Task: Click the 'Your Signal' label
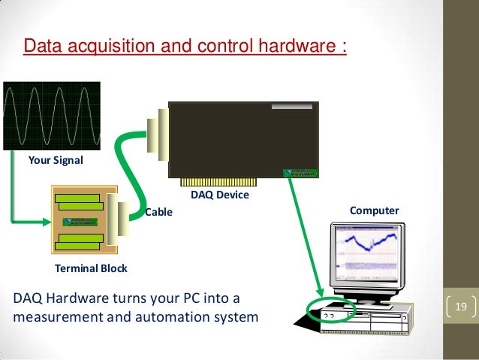[56, 159]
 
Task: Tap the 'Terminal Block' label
[92, 268]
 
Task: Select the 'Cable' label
[158, 212]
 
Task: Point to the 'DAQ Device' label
[219, 195]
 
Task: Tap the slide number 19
[462, 307]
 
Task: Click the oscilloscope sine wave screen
[51, 117]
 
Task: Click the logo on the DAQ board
[302, 171]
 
